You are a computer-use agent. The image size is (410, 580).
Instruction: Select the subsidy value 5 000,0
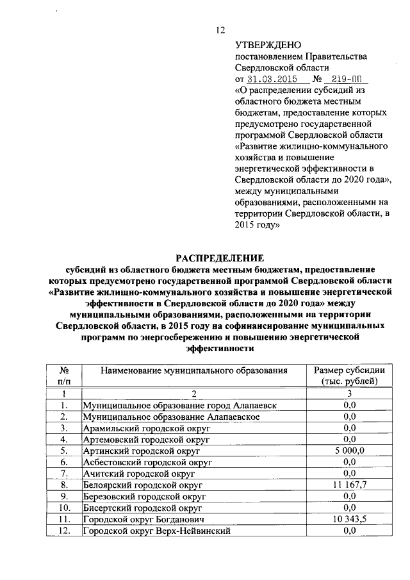tap(349, 451)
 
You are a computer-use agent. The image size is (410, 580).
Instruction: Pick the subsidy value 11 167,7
tap(349, 485)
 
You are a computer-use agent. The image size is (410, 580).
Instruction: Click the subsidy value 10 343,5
tap(349, 519)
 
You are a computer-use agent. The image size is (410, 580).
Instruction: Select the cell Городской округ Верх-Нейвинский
tap(156, 531)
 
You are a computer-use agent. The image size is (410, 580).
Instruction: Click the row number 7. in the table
tap(63, 474)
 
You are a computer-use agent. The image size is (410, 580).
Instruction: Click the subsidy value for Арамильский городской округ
tap(349, 428)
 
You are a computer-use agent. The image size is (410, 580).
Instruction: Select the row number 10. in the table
tap(63, 508)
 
